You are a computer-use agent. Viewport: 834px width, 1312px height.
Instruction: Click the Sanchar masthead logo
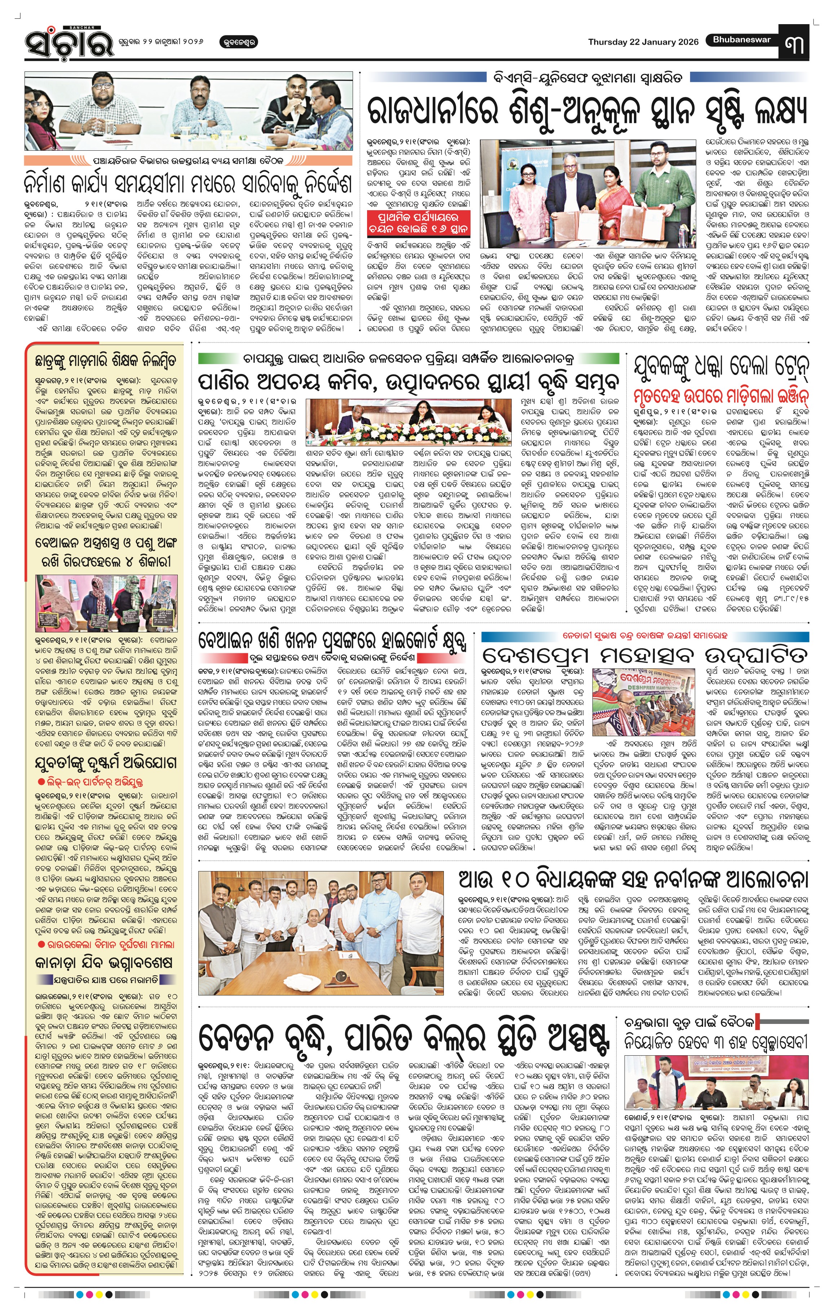point(64,44)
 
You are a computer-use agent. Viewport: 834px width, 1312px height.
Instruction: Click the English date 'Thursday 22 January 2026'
point(643,42)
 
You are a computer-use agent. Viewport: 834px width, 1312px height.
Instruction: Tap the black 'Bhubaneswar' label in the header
point(741,39)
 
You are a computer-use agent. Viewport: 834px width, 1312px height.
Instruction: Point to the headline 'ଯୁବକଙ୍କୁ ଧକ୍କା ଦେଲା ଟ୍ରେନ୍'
point(721,368)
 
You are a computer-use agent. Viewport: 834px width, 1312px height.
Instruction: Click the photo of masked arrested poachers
point(106,602)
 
